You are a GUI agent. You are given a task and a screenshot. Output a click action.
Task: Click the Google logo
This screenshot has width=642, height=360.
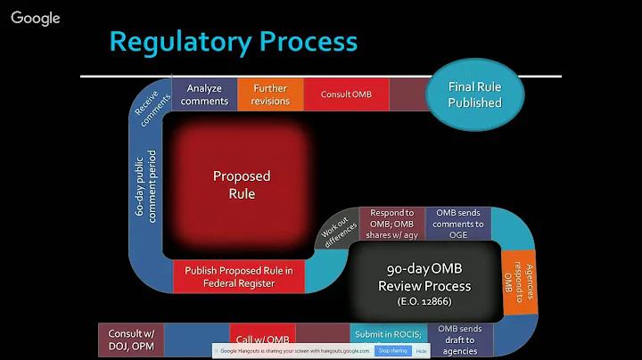click(x=36, y=18)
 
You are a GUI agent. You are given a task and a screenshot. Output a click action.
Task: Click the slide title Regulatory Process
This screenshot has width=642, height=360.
click(x=233, y=42)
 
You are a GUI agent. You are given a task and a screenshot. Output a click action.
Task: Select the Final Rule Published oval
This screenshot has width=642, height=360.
click(x=475, y=94)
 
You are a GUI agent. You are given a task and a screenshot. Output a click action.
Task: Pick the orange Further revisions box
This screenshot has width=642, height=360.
click(x=271, y=94)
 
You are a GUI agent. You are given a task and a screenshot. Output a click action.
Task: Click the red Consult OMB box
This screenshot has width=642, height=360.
click(x=346, y=94)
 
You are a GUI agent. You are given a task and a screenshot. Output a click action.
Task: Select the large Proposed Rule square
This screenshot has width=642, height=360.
click(x=241, y=185)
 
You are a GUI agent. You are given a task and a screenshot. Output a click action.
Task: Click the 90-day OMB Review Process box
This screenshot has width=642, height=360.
click(x=424, y=277)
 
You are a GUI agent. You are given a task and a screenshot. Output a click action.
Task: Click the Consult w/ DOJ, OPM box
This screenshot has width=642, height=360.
click(x=131, y=339)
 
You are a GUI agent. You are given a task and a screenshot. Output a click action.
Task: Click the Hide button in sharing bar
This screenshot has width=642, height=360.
click(x=421, y=351)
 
